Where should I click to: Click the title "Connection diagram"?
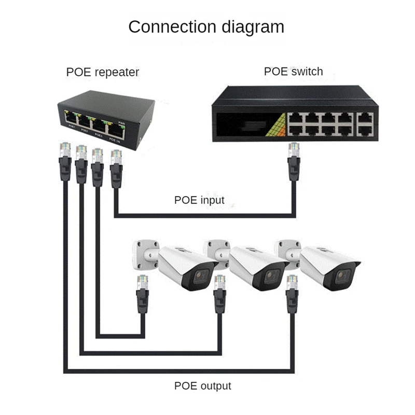pyautogui.click(x=206, y=26)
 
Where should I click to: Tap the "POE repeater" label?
pyautogui.click(x=103, y=72)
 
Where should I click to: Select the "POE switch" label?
pyautogui.click(x=293, y=71)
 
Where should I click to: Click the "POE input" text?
pyautogui.click(x=199, y=200)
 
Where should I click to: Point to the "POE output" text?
pyautogui.click(x=202, y=386)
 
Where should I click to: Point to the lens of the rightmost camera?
pyautogui.click(x=342, y=278)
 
